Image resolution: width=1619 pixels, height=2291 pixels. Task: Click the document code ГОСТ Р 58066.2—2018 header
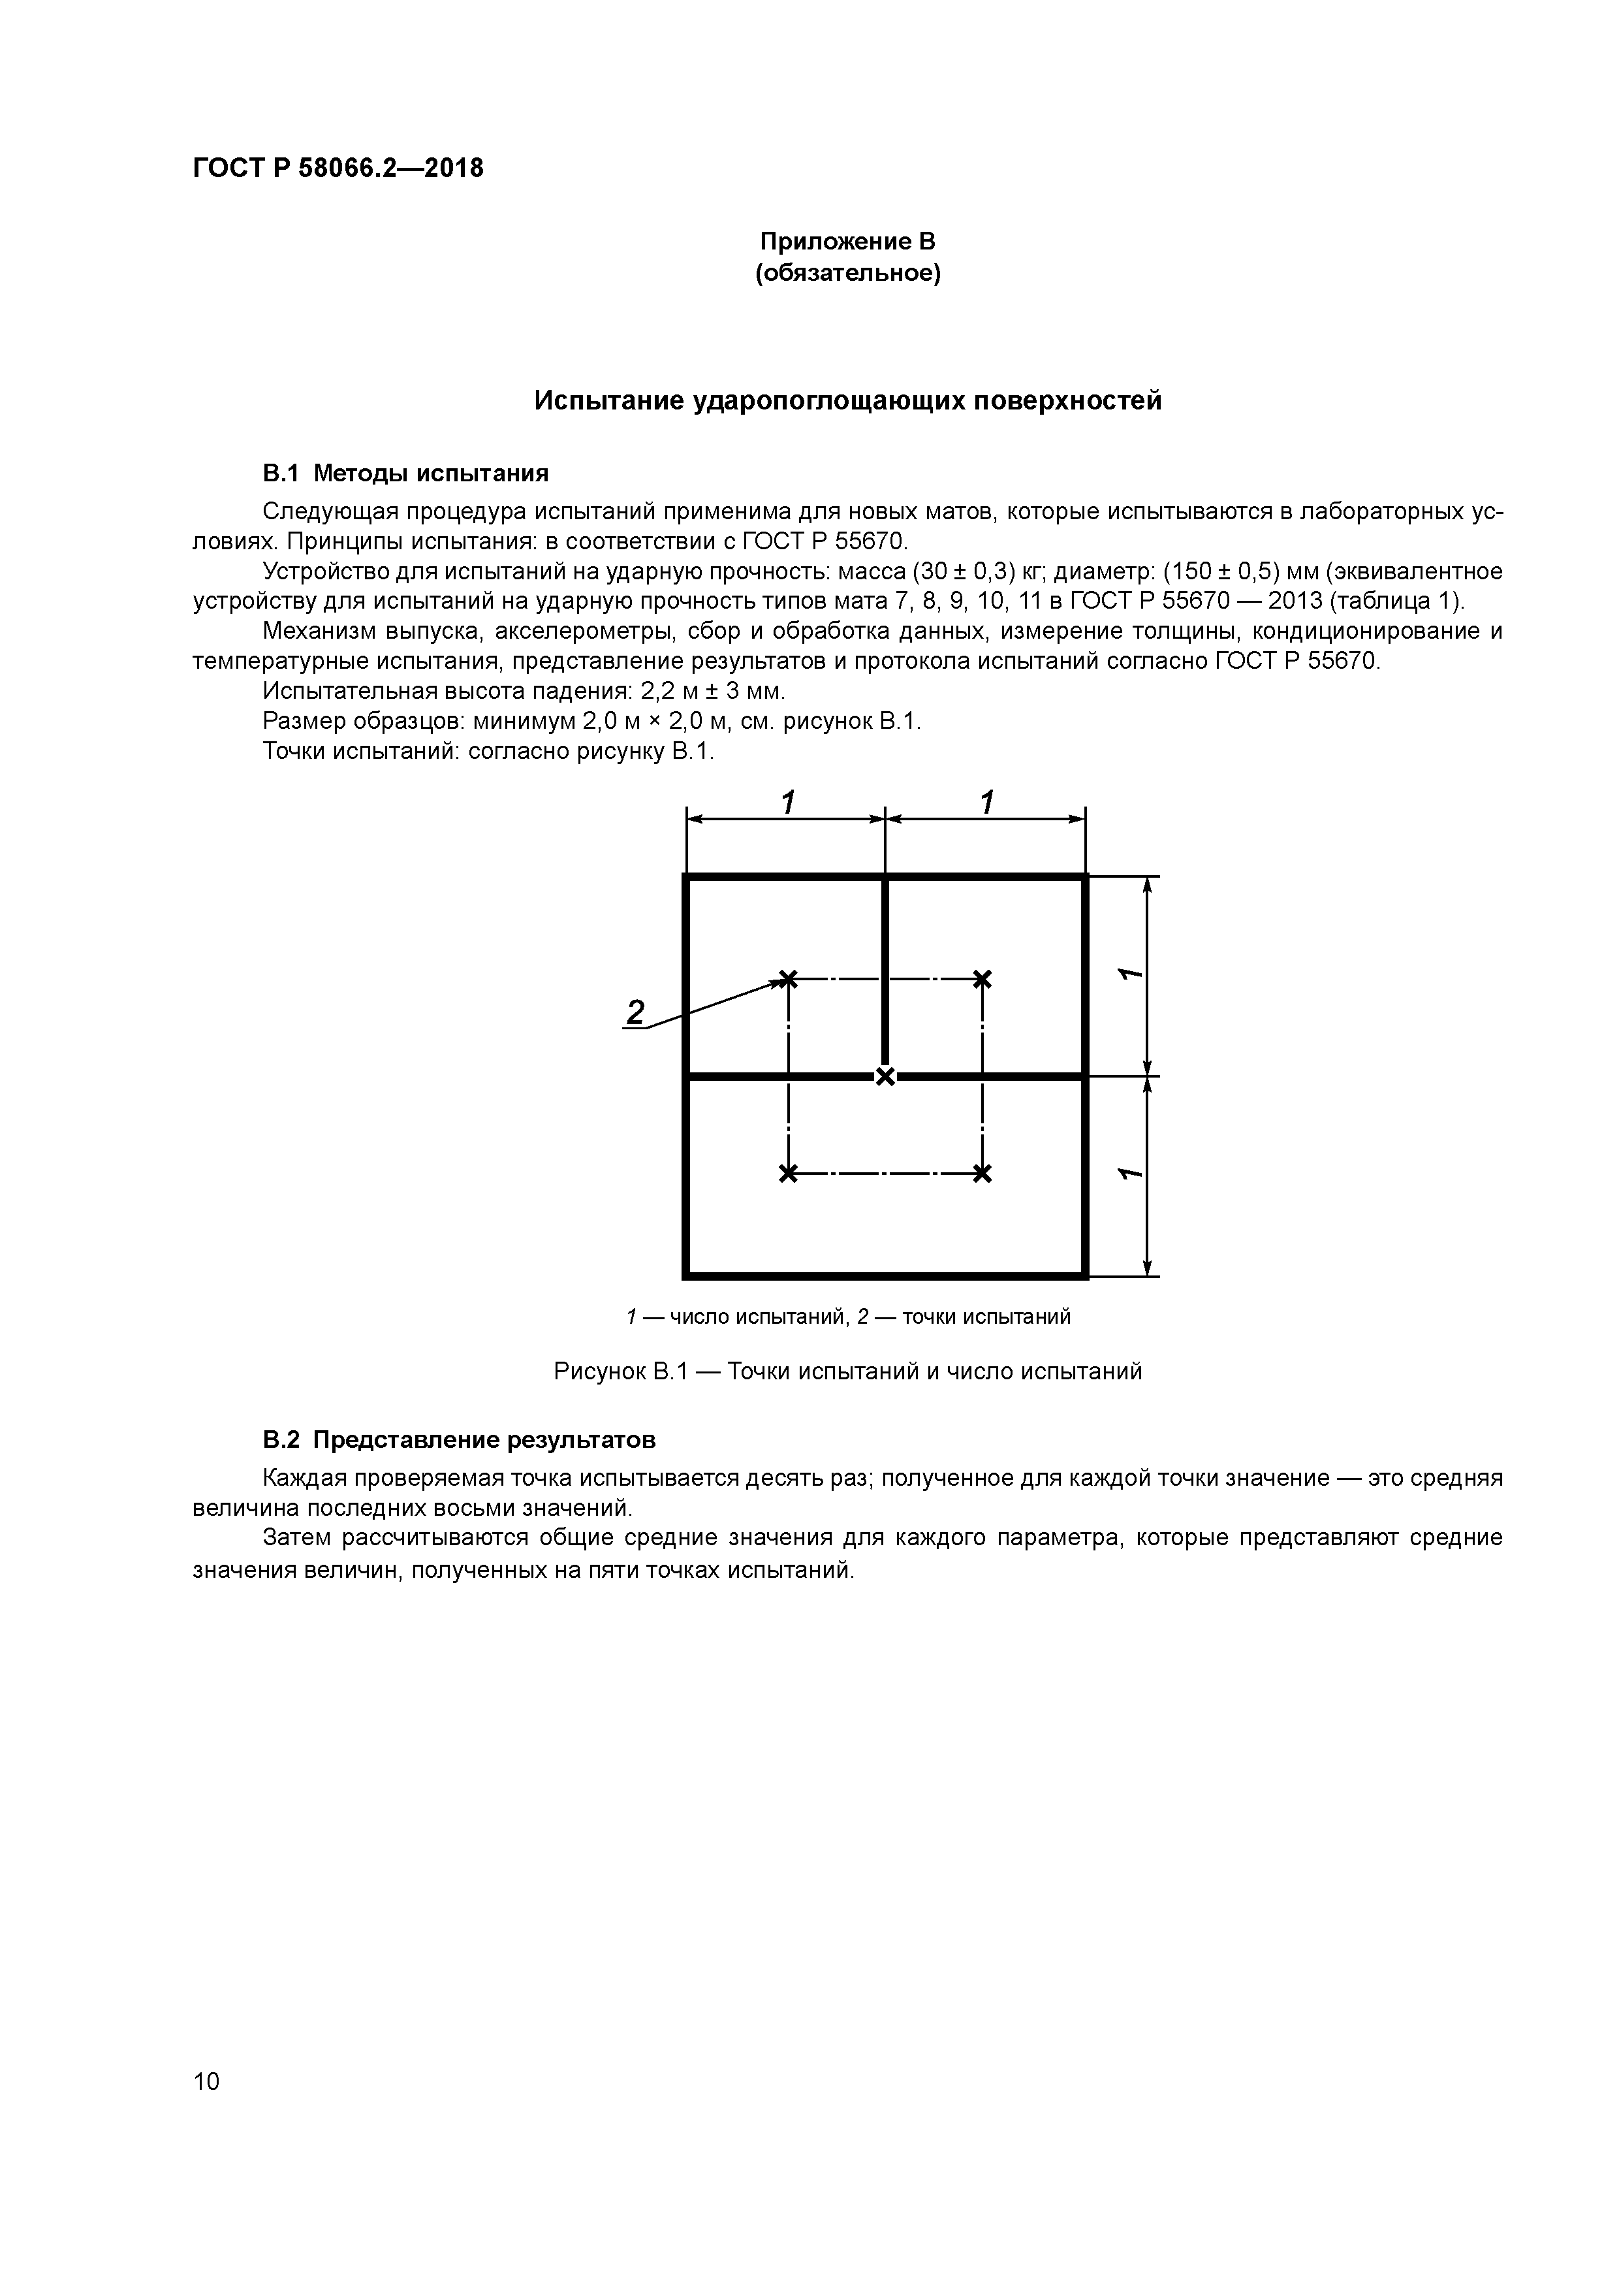(x=337, y=168)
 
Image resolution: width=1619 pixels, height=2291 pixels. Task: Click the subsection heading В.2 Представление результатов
(x=459, y=1440)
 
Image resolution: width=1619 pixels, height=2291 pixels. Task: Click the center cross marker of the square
(x=885, y=1076)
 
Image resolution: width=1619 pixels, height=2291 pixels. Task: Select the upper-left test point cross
(x=788, y=979)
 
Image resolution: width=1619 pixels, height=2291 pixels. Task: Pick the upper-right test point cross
(x=982, y=979)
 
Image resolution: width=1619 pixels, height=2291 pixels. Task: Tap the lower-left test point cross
(x=788, y=1174)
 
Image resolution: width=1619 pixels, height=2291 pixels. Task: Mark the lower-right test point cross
(x=982, y=1174)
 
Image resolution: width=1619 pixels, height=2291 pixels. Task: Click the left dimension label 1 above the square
(x=787, y=802)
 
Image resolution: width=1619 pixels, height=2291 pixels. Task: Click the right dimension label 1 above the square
(x=986, y=802)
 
